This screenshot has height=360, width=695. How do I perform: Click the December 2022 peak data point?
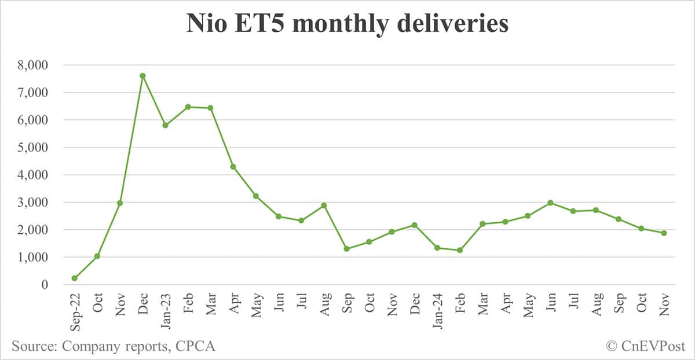142,76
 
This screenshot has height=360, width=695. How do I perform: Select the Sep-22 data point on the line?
75,278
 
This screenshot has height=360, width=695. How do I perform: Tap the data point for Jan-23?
165,125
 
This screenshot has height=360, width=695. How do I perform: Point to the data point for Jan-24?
437,248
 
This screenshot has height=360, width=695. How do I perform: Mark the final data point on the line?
664,233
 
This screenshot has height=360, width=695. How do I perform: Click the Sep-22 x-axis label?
75,310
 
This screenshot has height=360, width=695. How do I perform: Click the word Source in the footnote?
34,346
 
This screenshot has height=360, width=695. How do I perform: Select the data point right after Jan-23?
188,107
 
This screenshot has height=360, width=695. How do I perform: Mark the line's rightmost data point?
664,233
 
